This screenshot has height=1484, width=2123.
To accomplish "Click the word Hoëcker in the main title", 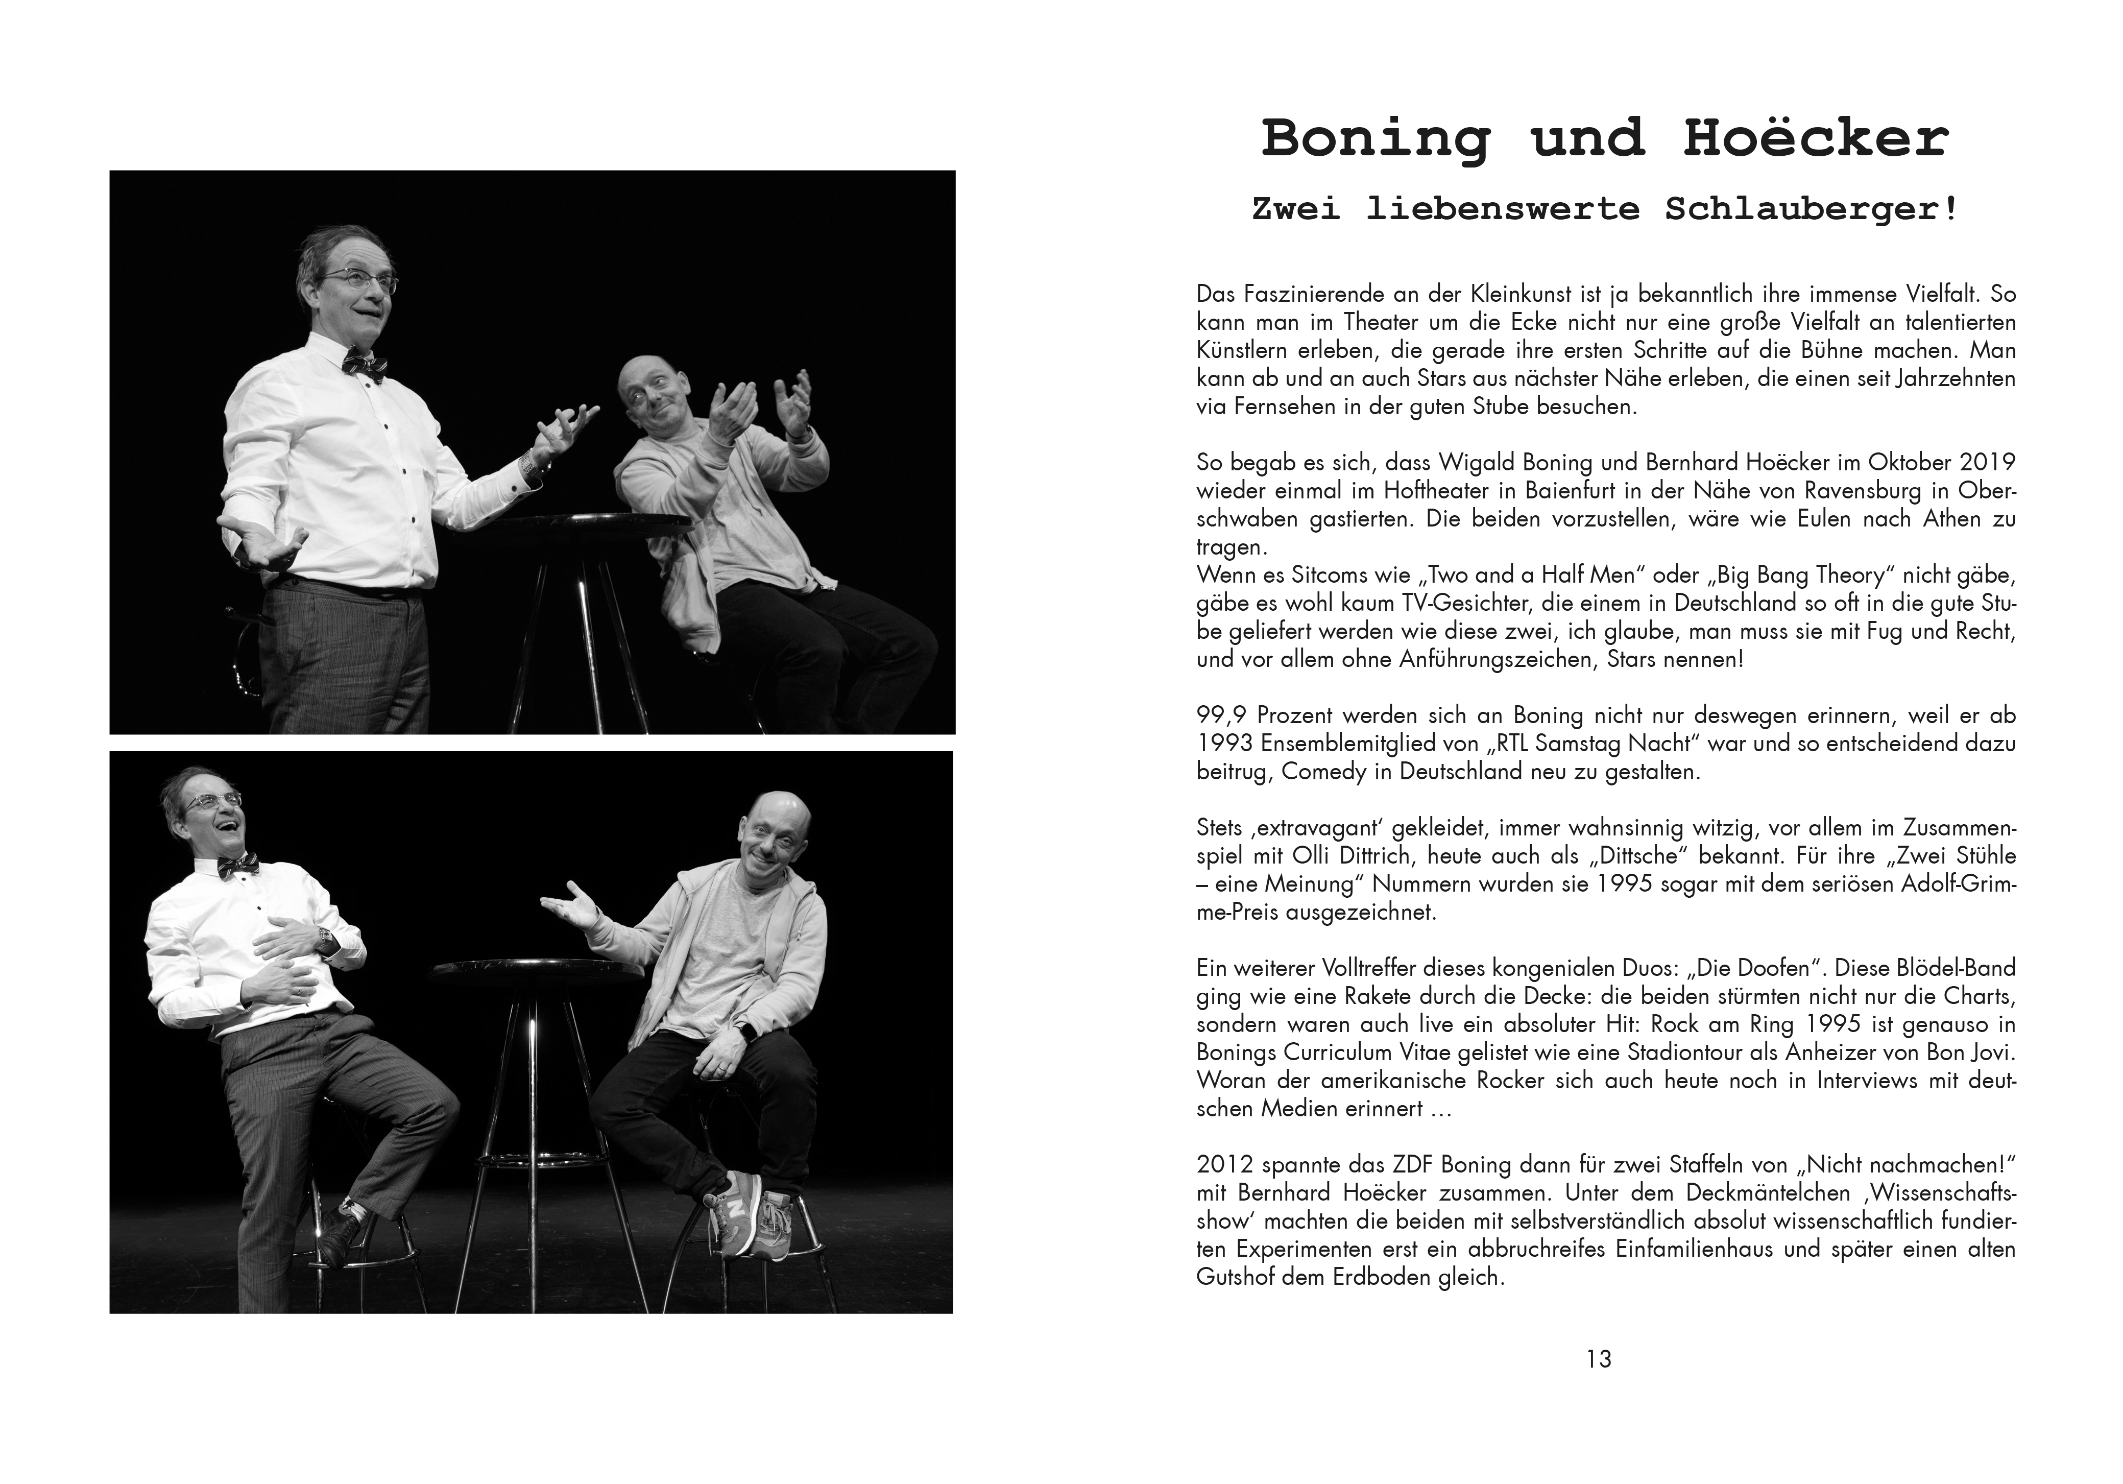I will pos(1816,139).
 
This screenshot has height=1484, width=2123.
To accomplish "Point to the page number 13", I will pos(1599,1359).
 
